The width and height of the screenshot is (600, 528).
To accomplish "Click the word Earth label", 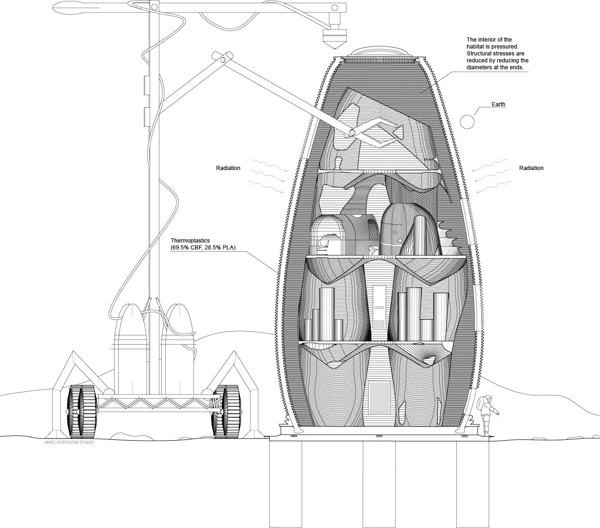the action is click(x=498, y=104).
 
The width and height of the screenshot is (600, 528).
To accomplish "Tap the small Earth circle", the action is click(x=467, y=121).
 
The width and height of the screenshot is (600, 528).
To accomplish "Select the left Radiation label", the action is click(x=228, y=168).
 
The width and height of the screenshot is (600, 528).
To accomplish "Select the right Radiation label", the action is click(x=531, y=168).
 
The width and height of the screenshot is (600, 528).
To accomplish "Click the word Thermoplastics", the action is click(x=190, y=241).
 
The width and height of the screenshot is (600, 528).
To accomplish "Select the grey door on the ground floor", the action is click(x=379, y=397).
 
